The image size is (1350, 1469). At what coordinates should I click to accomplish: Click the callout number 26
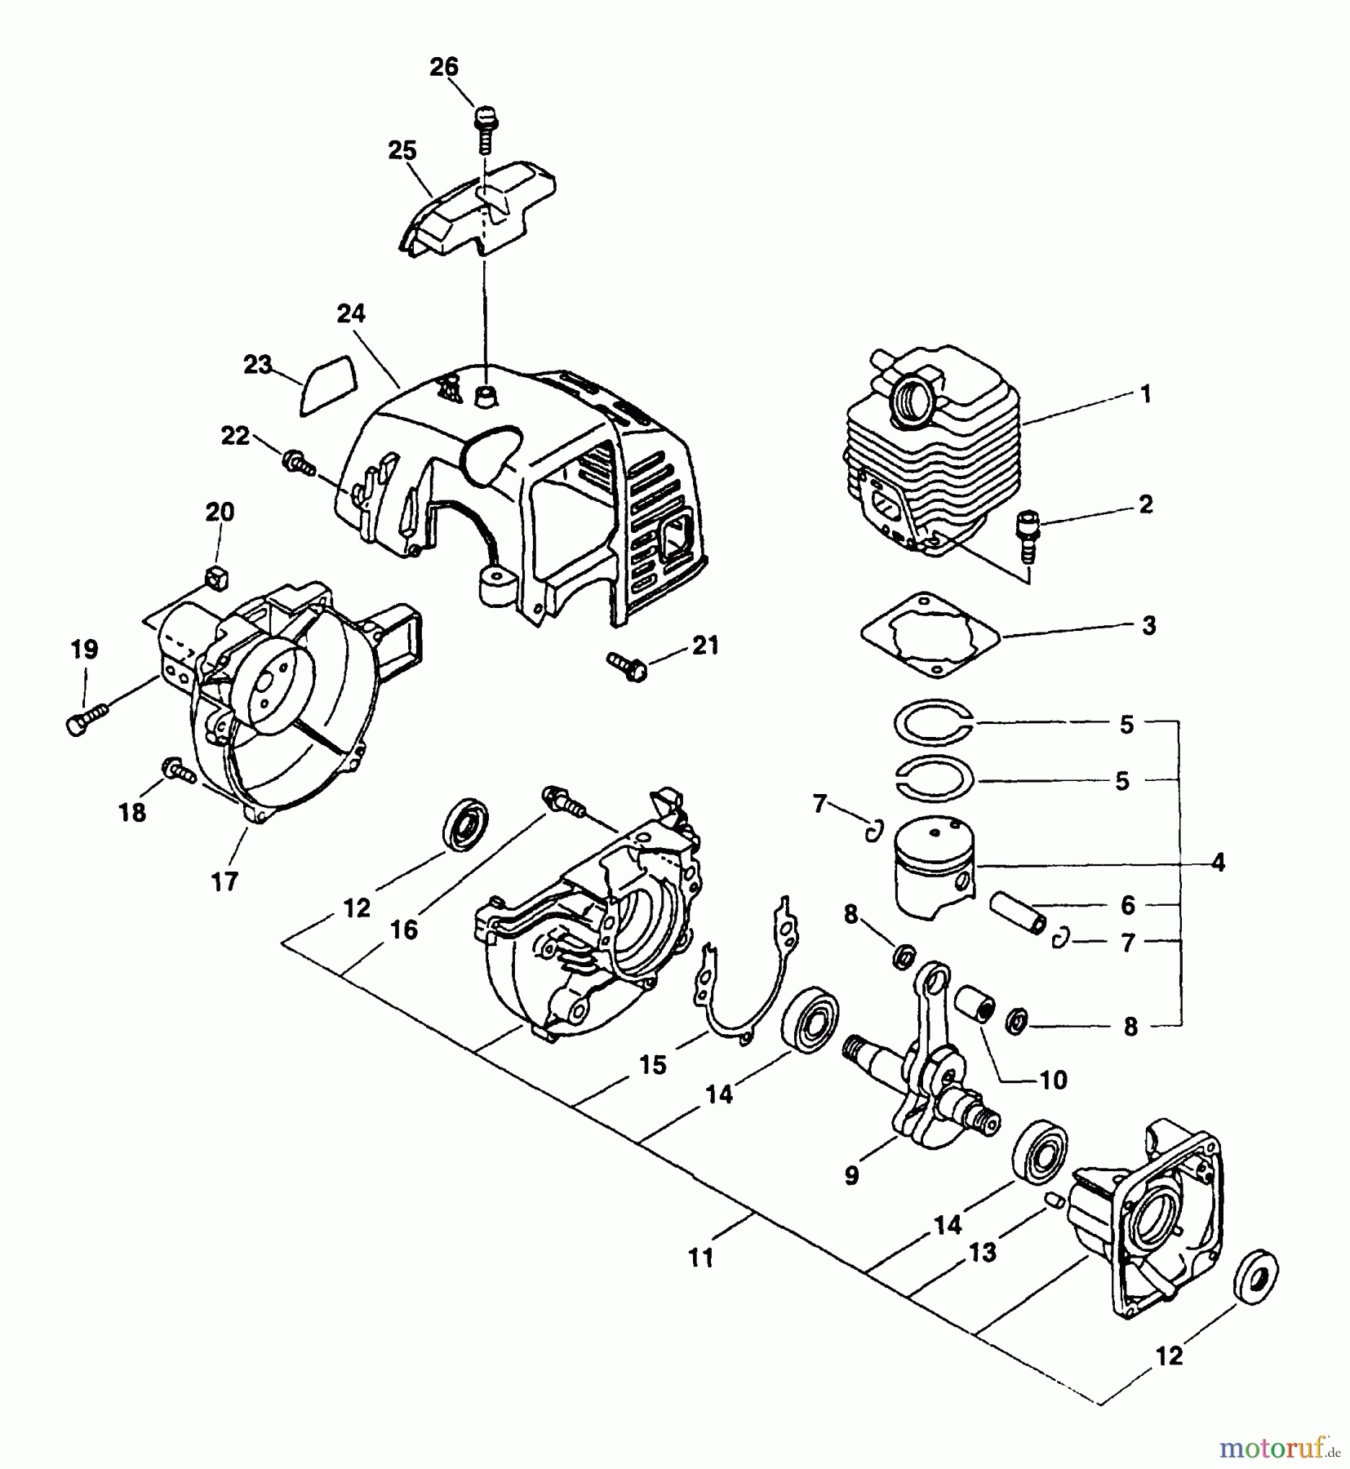point(444,67)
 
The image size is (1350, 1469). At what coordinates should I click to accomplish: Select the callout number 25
point(402,151)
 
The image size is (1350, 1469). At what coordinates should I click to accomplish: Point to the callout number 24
point(350,313)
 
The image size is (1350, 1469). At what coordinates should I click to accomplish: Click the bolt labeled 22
point(298,464)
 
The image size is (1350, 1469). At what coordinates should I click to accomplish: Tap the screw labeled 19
point(84,721)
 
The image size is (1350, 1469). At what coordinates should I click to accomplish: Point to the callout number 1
point(1145,394)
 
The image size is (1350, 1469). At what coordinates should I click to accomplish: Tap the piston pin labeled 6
point(1015,915)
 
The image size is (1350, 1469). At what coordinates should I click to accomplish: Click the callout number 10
point(1054,1080)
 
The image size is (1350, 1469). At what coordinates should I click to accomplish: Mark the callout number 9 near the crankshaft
point(851,1175)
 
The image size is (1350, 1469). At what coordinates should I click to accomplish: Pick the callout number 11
point(700,1258)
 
